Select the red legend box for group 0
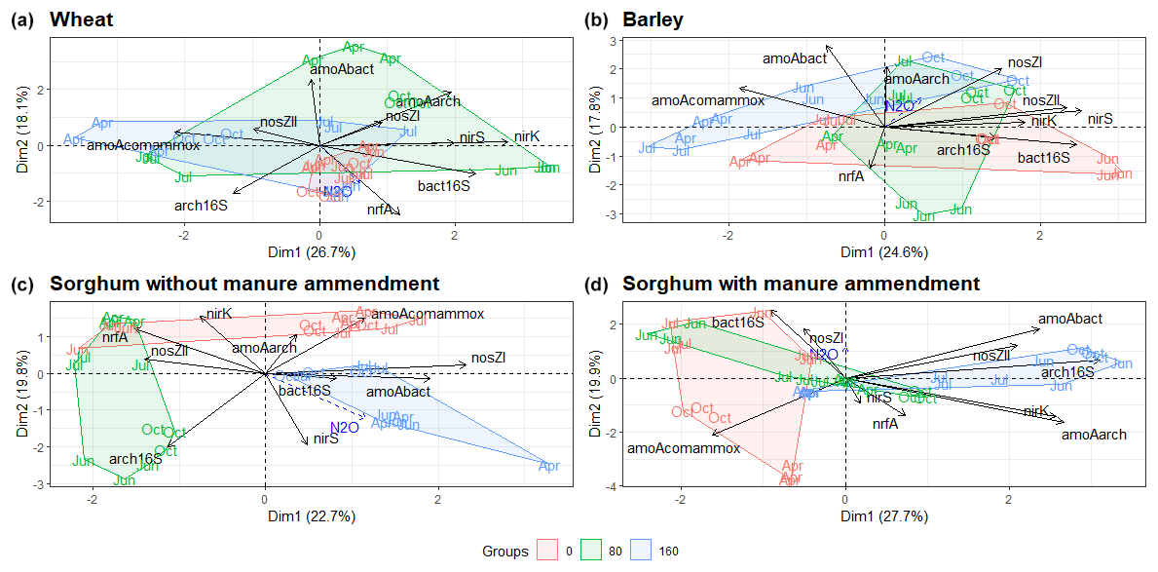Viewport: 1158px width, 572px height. coord(547,551)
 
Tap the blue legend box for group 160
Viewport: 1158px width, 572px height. coord(642,551)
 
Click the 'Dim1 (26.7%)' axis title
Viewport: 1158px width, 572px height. coord(318,252)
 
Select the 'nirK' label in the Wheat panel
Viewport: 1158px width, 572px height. coord(527,135)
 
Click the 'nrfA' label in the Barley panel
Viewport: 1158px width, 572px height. coord(851,177)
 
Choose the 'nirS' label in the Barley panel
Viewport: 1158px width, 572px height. coord(1100,119)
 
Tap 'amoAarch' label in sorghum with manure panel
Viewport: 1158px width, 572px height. coord(1094,435)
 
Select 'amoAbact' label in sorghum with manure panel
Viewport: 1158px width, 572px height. coord(1070,319)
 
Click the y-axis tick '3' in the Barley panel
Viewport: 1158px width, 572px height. coord(613,40)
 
